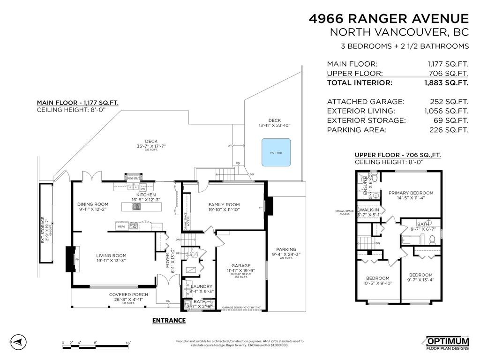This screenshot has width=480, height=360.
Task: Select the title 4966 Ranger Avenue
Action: tap(389, 19)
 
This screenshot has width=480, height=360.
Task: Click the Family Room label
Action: tap(224, 204)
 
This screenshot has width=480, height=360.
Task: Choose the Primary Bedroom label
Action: tap(411, 193)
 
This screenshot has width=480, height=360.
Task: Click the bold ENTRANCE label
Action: tap(169, 321)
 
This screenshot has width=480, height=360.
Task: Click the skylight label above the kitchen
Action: tap(134, 178)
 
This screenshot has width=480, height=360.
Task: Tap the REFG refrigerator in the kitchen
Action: tap(121, 226)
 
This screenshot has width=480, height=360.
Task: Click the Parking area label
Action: tap(286, 249)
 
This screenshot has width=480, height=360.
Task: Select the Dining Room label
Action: tap(93, 204)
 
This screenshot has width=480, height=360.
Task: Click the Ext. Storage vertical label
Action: tap(43, 229)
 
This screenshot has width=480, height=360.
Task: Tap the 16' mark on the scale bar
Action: tap(128, 343)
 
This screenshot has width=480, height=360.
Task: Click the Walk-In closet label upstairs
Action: tap(369, 210)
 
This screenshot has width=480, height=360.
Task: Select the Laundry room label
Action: tap(201, 286)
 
